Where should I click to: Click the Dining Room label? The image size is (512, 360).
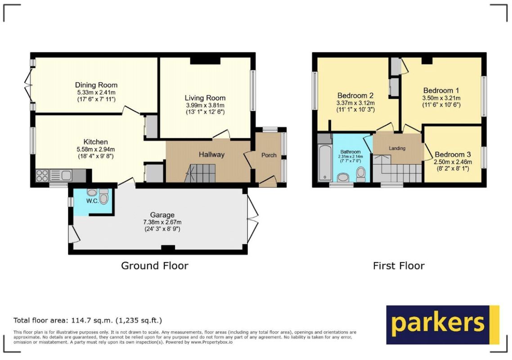tap(96, 85)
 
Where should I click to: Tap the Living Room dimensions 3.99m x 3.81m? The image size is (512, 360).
tap(206, 105)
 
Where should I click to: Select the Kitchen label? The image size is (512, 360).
tap(96, 142)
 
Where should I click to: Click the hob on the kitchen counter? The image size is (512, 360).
tap(42, 175)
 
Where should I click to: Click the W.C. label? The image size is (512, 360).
tap(92, 201)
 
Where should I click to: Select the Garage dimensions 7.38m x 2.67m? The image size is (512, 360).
tap(162, 222)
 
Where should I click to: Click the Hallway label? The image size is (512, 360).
tap(211, 154)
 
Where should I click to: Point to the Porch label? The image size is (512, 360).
tap(269, 155)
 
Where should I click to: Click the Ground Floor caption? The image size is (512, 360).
tap(155, 265)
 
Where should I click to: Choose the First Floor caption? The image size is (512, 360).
tap(399, 265)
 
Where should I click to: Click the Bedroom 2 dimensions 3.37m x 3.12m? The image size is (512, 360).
tap(355, 103)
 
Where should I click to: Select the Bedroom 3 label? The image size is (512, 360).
tap(453, 154)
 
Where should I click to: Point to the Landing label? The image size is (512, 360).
tap(397, 148)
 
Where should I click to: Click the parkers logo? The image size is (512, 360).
tap(443, 325)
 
